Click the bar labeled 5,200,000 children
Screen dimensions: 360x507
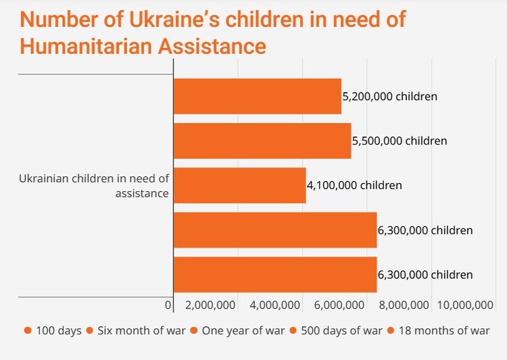(x=257, y=96)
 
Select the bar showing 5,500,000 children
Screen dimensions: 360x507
(x=262, y=140)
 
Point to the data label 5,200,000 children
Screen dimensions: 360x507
(x=390, y=97)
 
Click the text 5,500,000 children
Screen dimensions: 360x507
(x=400, y=141)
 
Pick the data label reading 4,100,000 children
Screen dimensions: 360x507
(x=354, y=185)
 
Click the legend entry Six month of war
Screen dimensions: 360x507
(x=137, y=330)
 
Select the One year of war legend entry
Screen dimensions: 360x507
(x=237, y=330)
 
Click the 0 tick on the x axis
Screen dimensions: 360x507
(x=168, y=305)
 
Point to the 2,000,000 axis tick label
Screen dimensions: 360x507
(x=210, y=305)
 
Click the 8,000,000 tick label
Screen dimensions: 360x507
(x=403, y=305)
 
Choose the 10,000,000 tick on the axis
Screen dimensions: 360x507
(x=465, y=305)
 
